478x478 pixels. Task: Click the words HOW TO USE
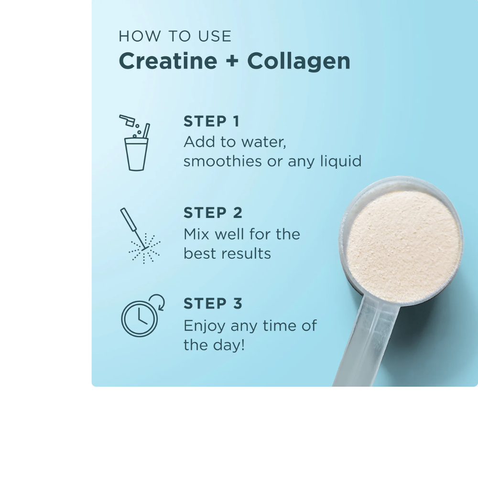[175, 36]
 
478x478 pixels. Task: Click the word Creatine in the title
[167, 61]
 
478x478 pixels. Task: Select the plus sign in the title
[232, 62]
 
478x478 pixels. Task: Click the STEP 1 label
[211, 121]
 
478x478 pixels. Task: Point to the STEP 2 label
[213, 213]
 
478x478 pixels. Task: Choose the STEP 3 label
[213, 304]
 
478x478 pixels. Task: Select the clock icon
[139, 319]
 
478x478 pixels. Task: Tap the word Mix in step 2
[196, 234]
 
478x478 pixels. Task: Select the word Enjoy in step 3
[204, 326]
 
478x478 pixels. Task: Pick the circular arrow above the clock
[158, 302]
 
